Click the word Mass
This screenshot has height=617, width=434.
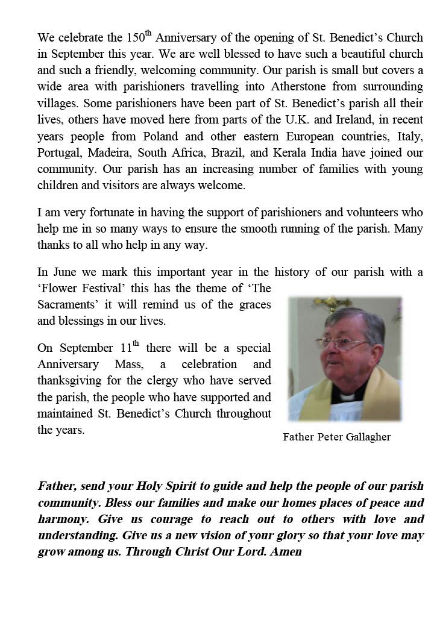[125, 365]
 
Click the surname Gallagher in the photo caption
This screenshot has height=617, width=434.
[365, 437]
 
